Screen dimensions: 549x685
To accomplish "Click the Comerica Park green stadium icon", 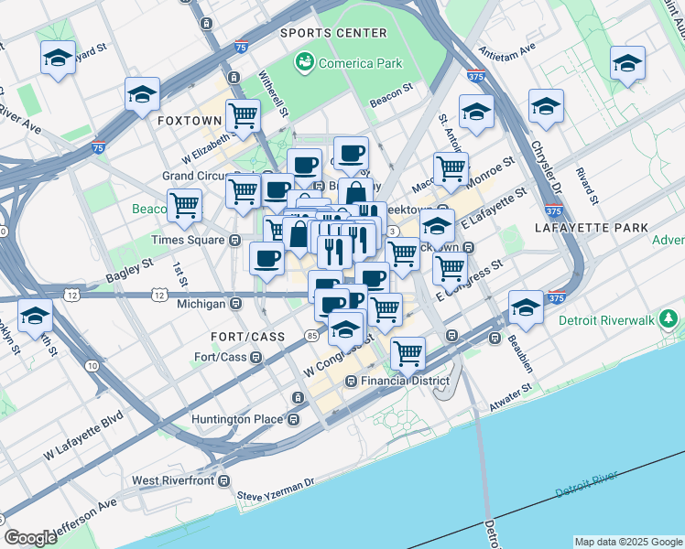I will pyautogui.click(x=303, y=63).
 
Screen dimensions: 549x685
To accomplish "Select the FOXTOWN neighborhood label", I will pyautogui.click(x=190, y=121).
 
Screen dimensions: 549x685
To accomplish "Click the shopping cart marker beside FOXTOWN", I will pyautogui.click(x=243, y=116).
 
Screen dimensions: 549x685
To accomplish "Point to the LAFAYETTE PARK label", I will pyautogui.click(x=597, y=227).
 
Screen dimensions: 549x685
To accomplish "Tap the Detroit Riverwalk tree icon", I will pyautogui.click(x=670, y=319).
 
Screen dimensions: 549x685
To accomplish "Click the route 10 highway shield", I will pyautogui.click(x=92, y=366).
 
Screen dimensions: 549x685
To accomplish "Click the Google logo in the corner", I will pyautogui.click(x=30, y=538).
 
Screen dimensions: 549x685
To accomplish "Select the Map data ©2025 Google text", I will pyautogui.click(x=627, y=542).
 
